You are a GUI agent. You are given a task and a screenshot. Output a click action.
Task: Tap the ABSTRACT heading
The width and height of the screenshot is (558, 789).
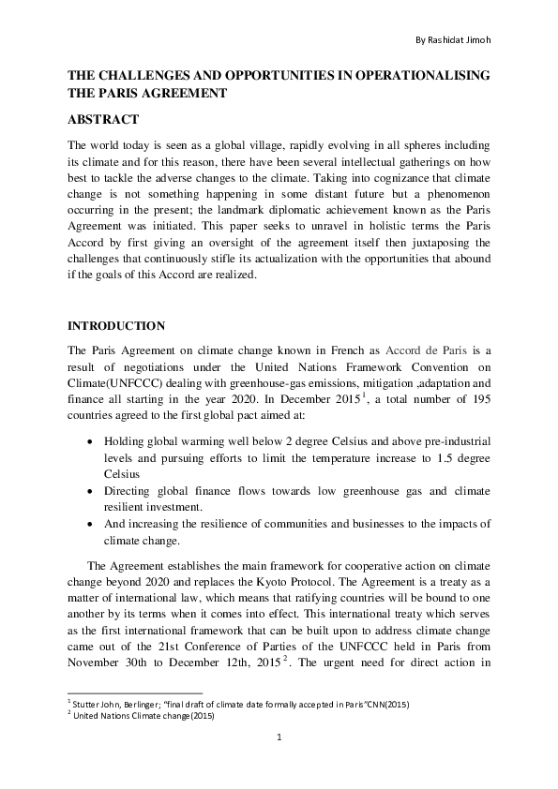point(103,119)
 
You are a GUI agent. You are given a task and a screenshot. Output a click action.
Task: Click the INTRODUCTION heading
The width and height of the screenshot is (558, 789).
point(116,325)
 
